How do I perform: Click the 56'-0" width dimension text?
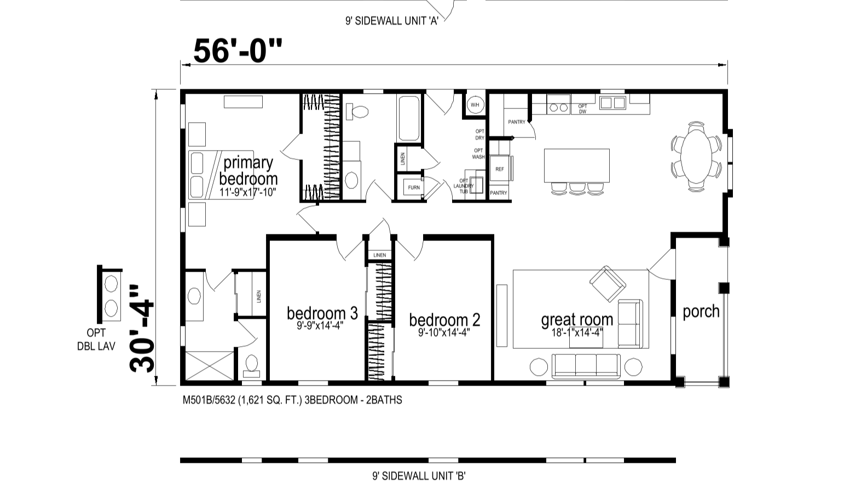[x=238, y=51]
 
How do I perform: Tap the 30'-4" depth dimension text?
[x=142, y=329]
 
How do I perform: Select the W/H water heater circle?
[x=475, y=105]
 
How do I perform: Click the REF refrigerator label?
[x=499, y=169]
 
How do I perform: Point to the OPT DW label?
[x=582, y=109]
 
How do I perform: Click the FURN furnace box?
[x=414, y=187]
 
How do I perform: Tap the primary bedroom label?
[x=248, y=171]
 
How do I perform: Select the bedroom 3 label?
[x=322, y=313]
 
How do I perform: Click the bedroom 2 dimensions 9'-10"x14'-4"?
[x=444, y=332]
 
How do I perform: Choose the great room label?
[x=577, y=320]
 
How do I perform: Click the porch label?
[x=701, y=312]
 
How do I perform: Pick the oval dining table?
[x=696, y=157]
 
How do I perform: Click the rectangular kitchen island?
[x=577, y=165]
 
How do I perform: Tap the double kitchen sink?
[x=612, y=102]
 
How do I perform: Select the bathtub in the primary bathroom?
[x=409, y=118]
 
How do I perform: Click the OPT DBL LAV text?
[x=96, y=339]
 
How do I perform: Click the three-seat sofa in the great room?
[x=586, y=366]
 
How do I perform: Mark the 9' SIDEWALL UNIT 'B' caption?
[x=419, y=475]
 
